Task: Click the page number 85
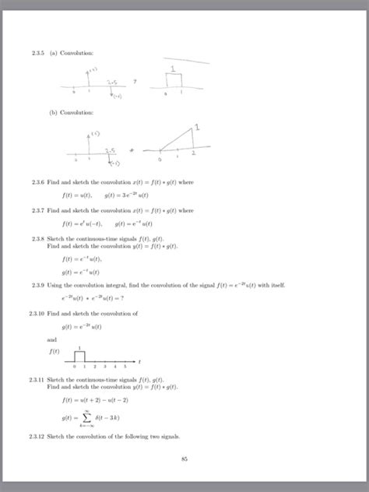184,459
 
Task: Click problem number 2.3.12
33,437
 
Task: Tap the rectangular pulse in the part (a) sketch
173,80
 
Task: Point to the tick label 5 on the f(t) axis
125,365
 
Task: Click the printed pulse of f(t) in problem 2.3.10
79,355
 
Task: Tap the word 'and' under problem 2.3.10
51,339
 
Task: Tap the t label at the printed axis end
139,361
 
